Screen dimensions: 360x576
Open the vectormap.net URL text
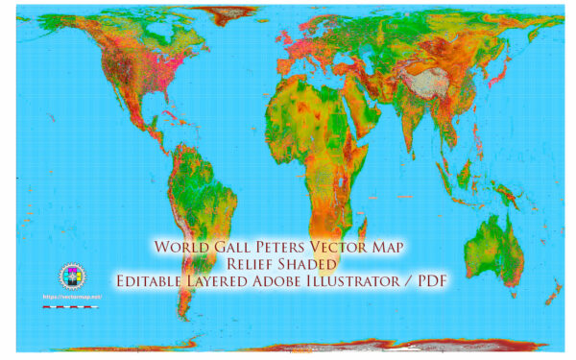coord(71,297)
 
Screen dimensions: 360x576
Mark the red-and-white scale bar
coord(71,306)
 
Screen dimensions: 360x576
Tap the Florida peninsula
coord(143,129)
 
